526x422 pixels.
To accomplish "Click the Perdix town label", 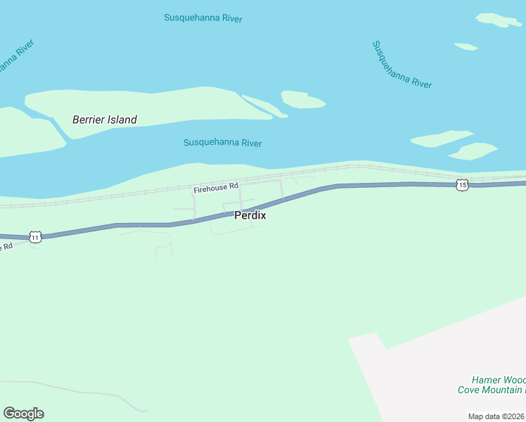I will click(250, 215).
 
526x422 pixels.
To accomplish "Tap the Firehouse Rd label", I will click(217, 187).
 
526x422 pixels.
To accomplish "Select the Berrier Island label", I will click(105, 120).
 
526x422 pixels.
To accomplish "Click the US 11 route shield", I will click(35, 237).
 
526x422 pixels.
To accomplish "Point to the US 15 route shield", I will click(461, 184).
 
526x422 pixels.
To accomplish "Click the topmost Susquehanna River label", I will click(203, 18).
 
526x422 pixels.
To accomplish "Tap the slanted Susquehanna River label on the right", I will click(402, 65).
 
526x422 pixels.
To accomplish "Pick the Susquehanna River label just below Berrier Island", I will click(222, 143).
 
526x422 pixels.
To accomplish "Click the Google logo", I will click(23, 414).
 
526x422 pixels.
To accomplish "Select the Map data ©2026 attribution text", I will click(496, 416).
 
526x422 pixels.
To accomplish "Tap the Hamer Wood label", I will click(499, 380).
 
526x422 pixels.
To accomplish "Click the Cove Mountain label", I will click(490, 390).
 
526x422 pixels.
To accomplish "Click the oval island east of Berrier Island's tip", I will click(302, 100).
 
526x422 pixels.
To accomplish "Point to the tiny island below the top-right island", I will click(466, 47).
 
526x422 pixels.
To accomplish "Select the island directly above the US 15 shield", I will click(473, 151).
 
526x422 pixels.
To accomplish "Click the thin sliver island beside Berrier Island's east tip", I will click(264, 106).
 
